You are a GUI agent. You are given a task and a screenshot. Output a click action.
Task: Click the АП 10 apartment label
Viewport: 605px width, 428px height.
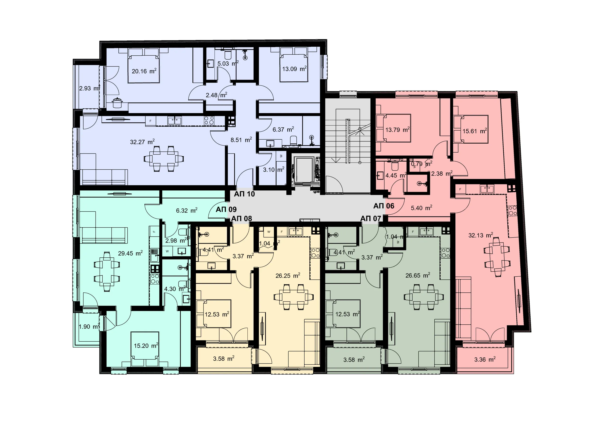tap(244, 194)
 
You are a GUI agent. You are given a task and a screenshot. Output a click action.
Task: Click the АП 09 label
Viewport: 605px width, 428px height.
tap(226, 210)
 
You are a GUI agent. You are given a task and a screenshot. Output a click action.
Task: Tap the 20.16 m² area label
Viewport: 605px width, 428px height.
tap(144, 71)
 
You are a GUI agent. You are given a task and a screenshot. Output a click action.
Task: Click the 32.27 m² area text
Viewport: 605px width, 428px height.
tap(142, 142)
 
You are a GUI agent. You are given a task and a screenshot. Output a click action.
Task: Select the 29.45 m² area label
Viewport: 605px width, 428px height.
tap(130, 253)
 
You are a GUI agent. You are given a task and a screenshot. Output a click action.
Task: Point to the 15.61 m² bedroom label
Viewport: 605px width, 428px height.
tap(475, 131)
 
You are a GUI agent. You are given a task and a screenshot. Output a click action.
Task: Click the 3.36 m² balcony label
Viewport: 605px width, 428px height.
tap(485, 359)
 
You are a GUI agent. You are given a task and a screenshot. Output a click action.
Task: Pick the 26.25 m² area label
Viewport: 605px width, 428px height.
tap(288, 275)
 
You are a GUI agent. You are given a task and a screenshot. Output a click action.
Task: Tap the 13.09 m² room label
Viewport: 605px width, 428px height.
tap(294, 69)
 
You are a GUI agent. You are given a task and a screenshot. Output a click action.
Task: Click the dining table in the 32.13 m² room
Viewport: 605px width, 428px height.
tap(497, 257)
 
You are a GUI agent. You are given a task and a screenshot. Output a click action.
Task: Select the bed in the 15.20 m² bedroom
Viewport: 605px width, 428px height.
tap(145, 349)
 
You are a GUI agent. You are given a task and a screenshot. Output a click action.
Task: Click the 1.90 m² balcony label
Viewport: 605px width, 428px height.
tap(89, 327)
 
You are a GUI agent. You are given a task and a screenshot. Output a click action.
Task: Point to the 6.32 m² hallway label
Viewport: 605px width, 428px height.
tap(186, 211)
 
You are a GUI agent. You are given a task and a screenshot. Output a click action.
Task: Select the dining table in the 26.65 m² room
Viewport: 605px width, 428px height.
tap(424, 297)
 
